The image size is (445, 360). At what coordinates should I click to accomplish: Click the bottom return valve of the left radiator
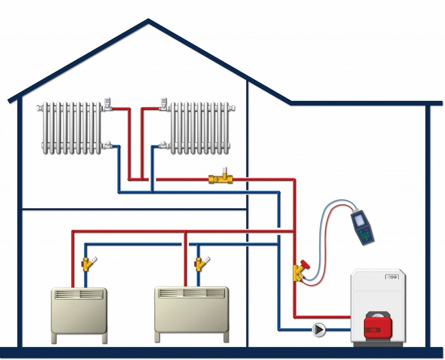[108, 145]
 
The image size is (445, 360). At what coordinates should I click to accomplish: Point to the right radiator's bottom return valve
[163, 145]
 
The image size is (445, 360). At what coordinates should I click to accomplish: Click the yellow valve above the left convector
[87, 263]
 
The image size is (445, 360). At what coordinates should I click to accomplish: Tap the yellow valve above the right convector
[200, 263]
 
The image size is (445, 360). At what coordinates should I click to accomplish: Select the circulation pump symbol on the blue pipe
[318, 330]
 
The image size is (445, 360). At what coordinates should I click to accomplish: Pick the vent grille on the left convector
[79, 294]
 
